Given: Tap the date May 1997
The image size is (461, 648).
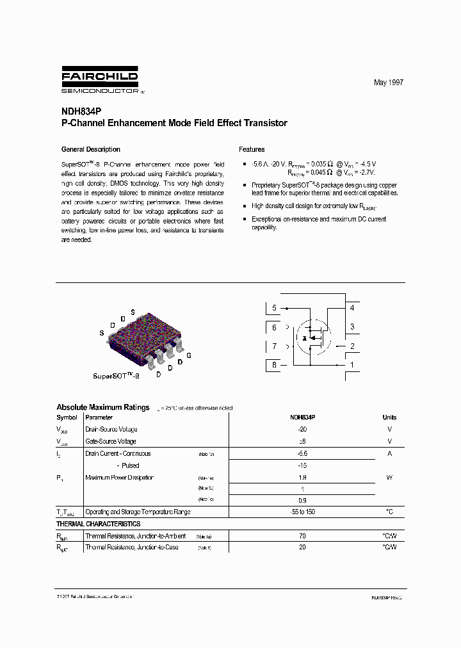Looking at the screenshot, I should point(389,83).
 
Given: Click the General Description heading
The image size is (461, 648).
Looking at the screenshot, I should point(90,149).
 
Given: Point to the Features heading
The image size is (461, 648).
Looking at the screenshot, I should point(252,149).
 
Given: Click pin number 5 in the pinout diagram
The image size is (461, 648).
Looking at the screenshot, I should point(274,308).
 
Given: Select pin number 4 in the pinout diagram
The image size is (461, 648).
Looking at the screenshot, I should point(352,308).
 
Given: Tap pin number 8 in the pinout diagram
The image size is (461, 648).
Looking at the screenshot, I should point(274,366).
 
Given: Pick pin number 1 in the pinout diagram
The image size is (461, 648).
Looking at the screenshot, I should point(352,366).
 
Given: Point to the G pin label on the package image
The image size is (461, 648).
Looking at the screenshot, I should point(189,355).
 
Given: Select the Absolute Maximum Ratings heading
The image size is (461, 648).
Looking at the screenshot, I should point(103,407).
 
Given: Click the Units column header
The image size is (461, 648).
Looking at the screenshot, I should point(389,417).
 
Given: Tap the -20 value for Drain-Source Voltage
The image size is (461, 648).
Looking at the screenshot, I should point(302,430).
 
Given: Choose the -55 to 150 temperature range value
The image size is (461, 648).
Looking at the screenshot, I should point(302,512).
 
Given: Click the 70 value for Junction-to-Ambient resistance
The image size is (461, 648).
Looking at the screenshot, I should point(302,536).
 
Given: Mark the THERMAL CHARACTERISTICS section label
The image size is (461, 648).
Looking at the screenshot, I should point(99,524).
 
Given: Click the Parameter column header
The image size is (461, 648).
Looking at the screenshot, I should point(99,417).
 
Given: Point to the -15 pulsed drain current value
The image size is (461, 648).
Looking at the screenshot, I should point(302,466).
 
